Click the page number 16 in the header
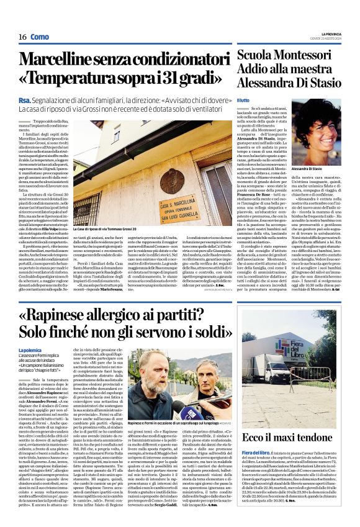click(22, 37)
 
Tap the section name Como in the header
click(39, 37)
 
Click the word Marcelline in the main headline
click(68, 60)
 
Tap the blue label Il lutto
click(243, 99)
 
